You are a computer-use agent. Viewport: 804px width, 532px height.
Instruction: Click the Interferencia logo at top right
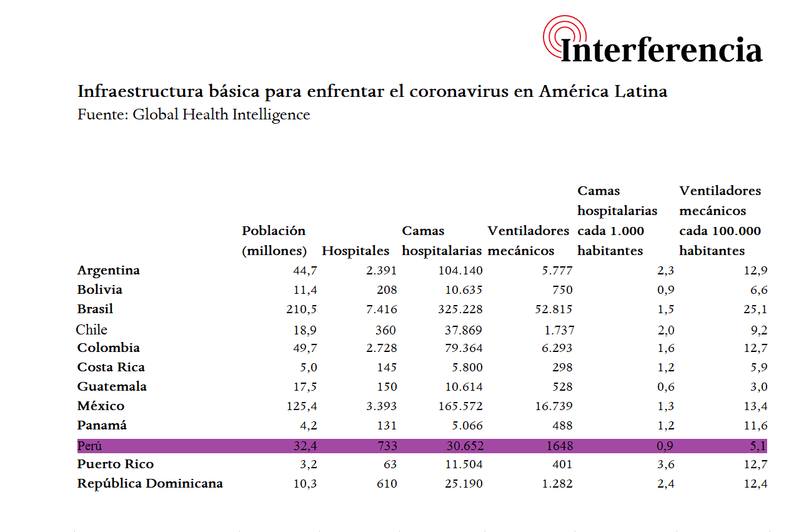(x=653, y=42)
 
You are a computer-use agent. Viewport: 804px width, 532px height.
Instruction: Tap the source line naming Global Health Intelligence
(x=194, y=115)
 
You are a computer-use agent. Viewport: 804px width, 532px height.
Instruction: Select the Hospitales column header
(x=355, y=251)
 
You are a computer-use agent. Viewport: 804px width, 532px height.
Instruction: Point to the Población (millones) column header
(x=274, y=241)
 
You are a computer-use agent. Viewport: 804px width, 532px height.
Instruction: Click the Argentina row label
(x=108, y=271)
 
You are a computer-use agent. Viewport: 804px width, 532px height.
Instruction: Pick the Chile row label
(x=92, y=329)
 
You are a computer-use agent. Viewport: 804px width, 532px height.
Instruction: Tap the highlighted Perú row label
(x=89, y=446)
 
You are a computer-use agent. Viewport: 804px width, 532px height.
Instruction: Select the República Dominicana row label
(x=150, y=484)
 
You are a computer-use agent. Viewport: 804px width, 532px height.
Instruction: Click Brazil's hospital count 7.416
(x=381, y=309)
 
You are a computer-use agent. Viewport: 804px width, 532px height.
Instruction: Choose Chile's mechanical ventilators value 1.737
(x=555, y=330)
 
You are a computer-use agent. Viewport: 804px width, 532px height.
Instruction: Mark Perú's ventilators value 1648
(x=560, y=446)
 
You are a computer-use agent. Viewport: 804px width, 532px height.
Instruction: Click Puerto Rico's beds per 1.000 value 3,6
(x=665, y=464)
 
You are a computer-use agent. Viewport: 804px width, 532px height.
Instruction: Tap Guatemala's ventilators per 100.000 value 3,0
(x=759, y=387)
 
